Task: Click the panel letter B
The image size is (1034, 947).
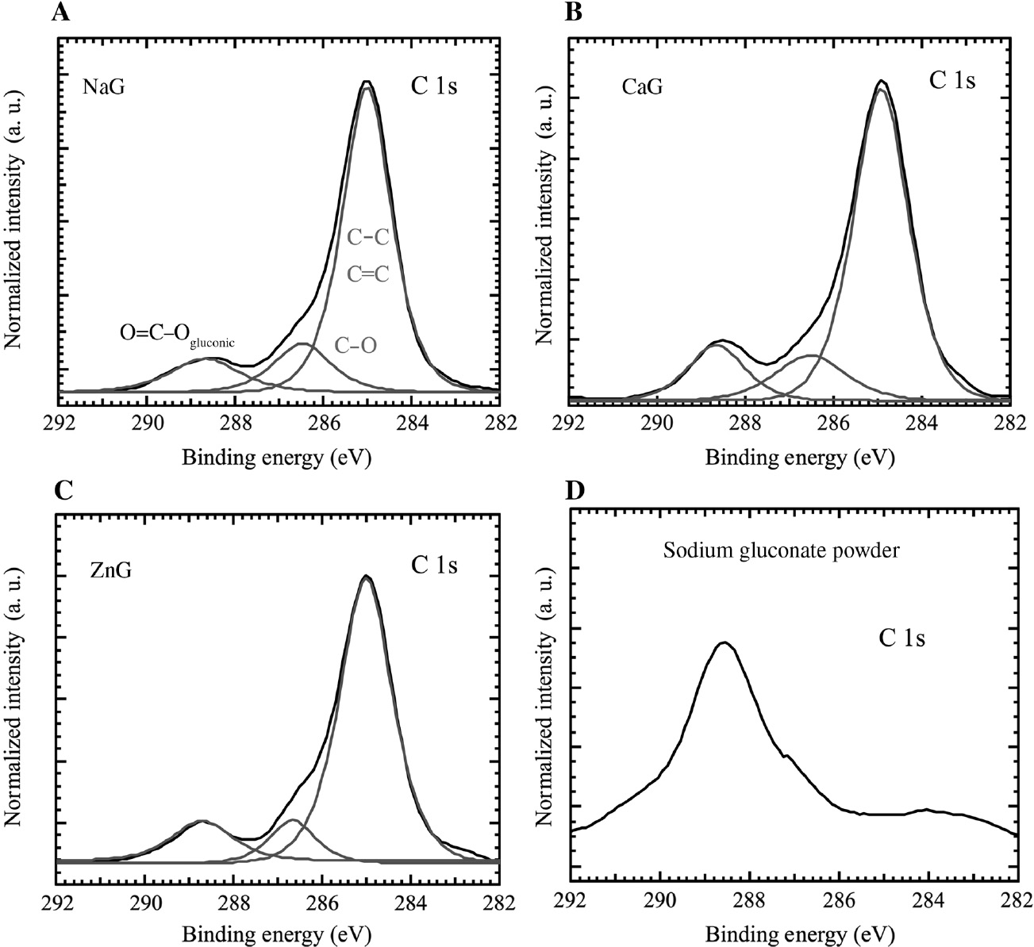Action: [x=573, y=12]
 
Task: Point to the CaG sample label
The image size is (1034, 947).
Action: [x=641, y=86]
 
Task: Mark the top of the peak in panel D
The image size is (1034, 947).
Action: [x=724, y=642]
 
